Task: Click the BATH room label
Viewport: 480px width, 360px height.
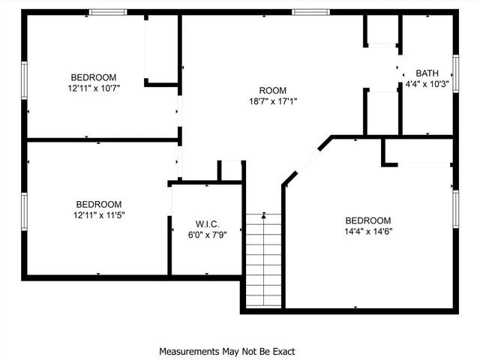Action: (x=427, y=73)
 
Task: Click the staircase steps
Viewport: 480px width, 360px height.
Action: (x=264, y=259)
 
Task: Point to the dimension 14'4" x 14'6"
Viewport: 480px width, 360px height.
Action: (x=367, y=231)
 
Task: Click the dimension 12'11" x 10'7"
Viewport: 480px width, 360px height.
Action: (x=94, y=88)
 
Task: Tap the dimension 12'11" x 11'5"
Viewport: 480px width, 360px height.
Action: (x=98, y=215)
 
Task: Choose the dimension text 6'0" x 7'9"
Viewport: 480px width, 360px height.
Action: (x=206, y=234)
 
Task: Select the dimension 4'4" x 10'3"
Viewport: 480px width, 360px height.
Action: (x=427, y=84)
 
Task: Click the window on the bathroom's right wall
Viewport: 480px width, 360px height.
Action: (x=454, y=73)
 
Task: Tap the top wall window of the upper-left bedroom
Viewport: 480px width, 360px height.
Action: (x=109, y=12)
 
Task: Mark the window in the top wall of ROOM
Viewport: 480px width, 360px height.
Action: (x=310, y=12)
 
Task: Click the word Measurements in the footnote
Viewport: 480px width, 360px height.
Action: (x=188, y=351)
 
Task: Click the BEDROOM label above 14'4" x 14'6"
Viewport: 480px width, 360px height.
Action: (x=367, y=220)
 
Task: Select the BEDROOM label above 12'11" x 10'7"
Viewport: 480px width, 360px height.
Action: (x=94, y=76)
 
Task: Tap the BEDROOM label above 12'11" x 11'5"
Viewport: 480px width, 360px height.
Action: (x=98, y=204)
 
